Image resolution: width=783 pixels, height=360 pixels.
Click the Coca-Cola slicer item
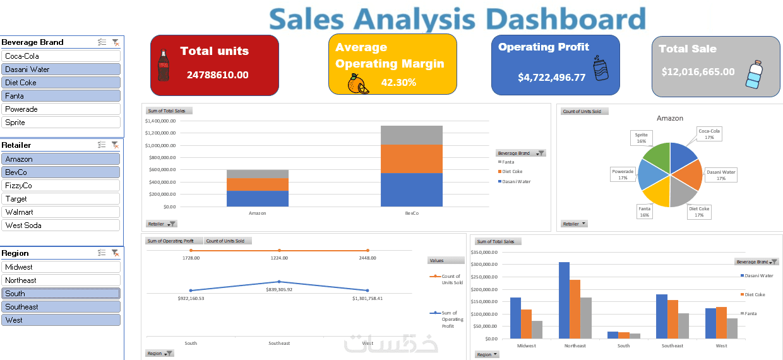point(61,56)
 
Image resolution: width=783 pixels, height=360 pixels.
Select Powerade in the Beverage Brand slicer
point(61,109)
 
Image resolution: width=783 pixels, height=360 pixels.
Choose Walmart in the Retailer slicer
point(61,212)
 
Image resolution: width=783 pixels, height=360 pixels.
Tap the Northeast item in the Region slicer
point(61,280)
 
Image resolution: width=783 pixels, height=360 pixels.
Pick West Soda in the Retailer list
point(61,225)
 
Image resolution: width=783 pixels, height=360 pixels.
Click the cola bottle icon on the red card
point(164,65)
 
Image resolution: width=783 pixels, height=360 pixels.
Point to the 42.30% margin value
point(398,83)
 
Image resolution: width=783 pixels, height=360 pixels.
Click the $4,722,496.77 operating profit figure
point(551,78)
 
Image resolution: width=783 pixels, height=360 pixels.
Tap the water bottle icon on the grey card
point(754,75)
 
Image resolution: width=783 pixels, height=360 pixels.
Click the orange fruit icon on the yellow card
point(357,84)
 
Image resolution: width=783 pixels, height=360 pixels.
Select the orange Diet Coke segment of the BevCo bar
point(411,159)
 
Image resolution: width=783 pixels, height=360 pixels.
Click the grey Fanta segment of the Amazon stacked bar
point(258,174)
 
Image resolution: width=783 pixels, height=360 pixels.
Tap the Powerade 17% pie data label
point(623,174)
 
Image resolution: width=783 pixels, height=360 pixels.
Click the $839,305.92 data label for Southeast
point(278,289)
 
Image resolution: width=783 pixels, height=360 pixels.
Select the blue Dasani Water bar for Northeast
point(564,301)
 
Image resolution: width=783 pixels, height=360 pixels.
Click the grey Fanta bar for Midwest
point(537,330)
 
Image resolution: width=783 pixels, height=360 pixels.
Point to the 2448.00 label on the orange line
point(367,258)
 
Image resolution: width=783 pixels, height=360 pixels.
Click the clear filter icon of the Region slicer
point(115,253)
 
